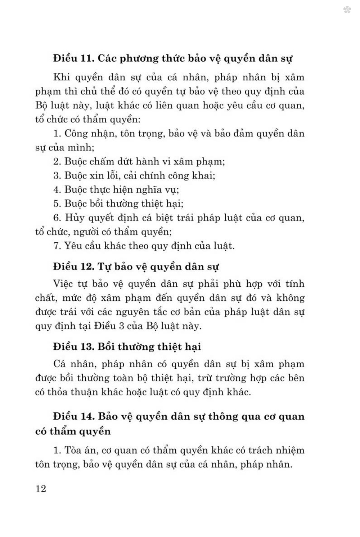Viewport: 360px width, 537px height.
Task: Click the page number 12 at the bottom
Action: click(x=41, y=489)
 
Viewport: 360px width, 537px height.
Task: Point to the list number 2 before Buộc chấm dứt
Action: click(x=57, y=161)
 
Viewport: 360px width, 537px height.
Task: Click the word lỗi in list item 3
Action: click(x=111, y=176)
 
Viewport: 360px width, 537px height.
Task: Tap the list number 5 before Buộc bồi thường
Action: click(x=57, y=204)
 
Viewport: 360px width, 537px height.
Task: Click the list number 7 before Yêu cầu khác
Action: click(x=57, y=246)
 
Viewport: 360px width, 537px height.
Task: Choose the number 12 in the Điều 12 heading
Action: click(x=87, y=267)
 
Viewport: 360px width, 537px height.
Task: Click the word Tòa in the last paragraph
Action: click(x=73, y=451)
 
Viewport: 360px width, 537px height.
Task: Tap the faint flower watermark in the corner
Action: click(x=347, y=10)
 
